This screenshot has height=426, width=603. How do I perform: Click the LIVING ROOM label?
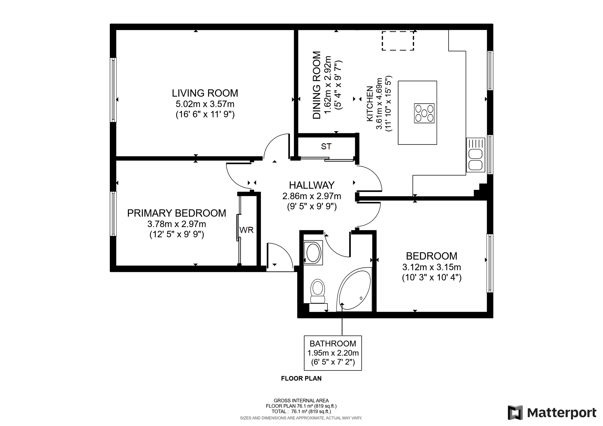(x=205, y=93)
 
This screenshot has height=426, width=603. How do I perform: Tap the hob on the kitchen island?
(x=424, y=113)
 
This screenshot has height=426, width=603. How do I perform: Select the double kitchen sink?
(x=476, y=160)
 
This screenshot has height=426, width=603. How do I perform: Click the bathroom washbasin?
(x=313, y=253)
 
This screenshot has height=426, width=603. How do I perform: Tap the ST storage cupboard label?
(x=326, y=147)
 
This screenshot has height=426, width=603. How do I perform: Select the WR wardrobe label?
(x=246, y=230)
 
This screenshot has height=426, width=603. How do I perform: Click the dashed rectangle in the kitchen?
(x=398, y=41)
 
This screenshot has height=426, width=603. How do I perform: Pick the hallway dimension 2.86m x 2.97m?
(x=312, y=196)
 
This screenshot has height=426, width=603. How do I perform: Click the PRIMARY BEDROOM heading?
(x=176, y=213)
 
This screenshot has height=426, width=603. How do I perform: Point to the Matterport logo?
(x=551, y=413)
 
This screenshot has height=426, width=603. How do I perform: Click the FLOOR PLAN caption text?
(x=301, y=378)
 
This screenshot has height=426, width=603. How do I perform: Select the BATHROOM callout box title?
(x=333, y=344)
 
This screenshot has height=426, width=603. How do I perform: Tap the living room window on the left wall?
(x=113, y=90)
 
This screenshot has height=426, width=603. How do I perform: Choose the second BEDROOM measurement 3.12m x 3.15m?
(x=431, y=267)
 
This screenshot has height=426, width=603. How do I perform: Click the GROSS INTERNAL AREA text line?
(x=301, y=401)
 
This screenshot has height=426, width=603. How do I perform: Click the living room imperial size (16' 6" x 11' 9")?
(x=205, y=115)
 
